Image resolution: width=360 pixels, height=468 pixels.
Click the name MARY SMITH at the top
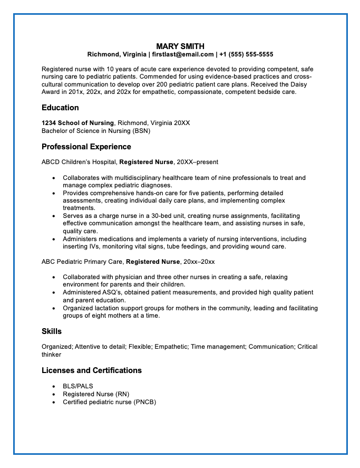[180, 46]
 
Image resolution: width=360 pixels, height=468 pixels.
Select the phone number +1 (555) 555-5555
[246, 54]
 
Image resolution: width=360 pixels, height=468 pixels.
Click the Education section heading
[60, 108]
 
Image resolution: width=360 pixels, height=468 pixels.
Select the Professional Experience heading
[86, 147]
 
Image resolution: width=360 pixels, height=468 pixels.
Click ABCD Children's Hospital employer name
[79, 162]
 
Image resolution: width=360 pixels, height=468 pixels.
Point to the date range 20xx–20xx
[199, 261]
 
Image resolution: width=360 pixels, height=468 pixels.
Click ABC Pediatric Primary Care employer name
[82, 261]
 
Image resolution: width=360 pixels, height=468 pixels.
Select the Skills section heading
[52, 331]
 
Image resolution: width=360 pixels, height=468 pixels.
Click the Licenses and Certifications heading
[92, 370]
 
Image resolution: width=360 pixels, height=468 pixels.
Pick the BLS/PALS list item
[78, 386]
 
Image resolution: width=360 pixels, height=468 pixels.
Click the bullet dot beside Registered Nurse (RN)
[54, 394]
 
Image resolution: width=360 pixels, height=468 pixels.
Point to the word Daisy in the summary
[304, 84]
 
